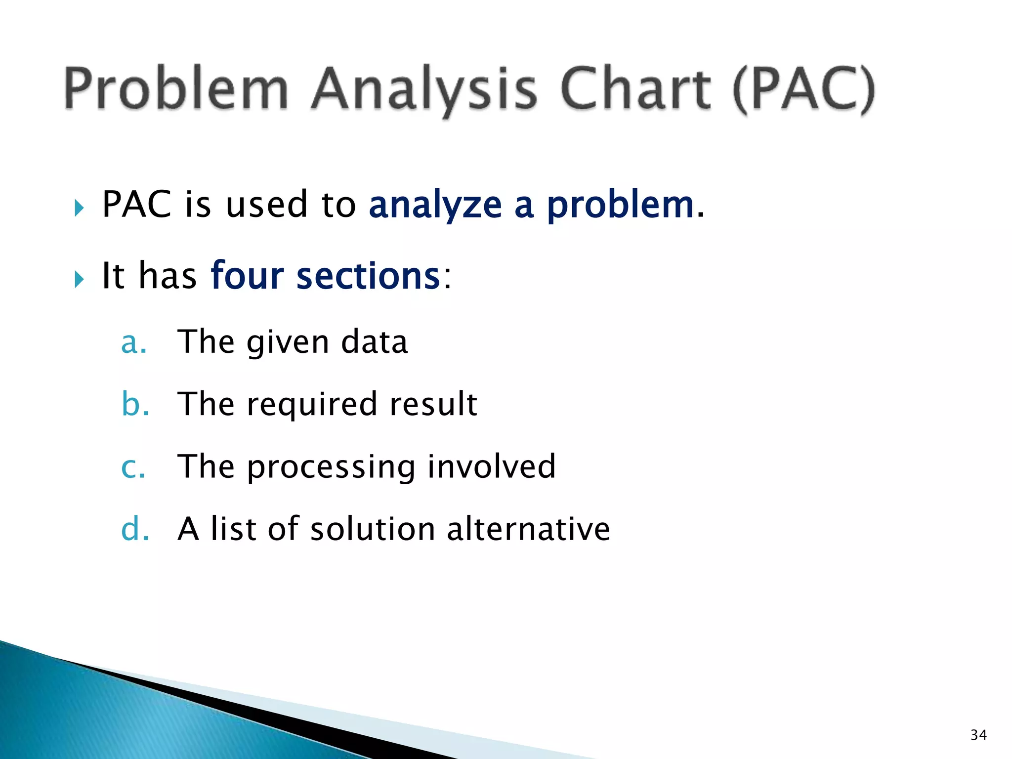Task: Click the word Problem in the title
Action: tap(176, 89)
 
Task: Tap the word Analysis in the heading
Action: tap(424, 89)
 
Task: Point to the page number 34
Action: tap(978, 735)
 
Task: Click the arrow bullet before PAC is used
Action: tap(79, 208)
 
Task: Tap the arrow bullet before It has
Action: tap(79, 279)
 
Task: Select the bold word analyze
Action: tap(435, 205)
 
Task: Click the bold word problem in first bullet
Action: tap(621, 205)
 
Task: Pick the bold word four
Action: tap(247, 275)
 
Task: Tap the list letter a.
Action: tap(133, 342)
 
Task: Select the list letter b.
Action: tap(134, 404)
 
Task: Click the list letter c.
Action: tap(133, 467)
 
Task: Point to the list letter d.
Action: tap(134, 529)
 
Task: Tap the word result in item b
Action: tap(433, 404)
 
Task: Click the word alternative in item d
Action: tap(528, 529)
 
